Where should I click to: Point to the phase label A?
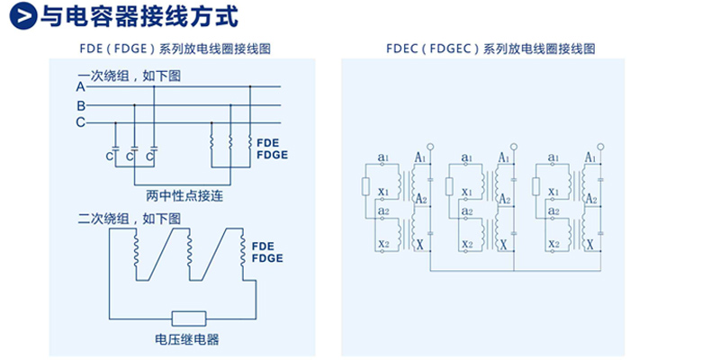pos(80,87)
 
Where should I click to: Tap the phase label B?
pos(80,104)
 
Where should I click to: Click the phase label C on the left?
pos(80,121)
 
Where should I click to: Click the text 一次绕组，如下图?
pos(129,76)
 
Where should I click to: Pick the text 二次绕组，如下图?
pos(129,218)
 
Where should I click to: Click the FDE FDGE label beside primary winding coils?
pos(272,148)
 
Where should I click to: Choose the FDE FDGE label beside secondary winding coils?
pos(267,252)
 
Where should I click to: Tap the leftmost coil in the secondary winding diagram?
pos(138,252)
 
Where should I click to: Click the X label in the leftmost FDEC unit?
pos(416,244)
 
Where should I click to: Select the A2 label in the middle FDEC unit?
pos(504,200)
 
